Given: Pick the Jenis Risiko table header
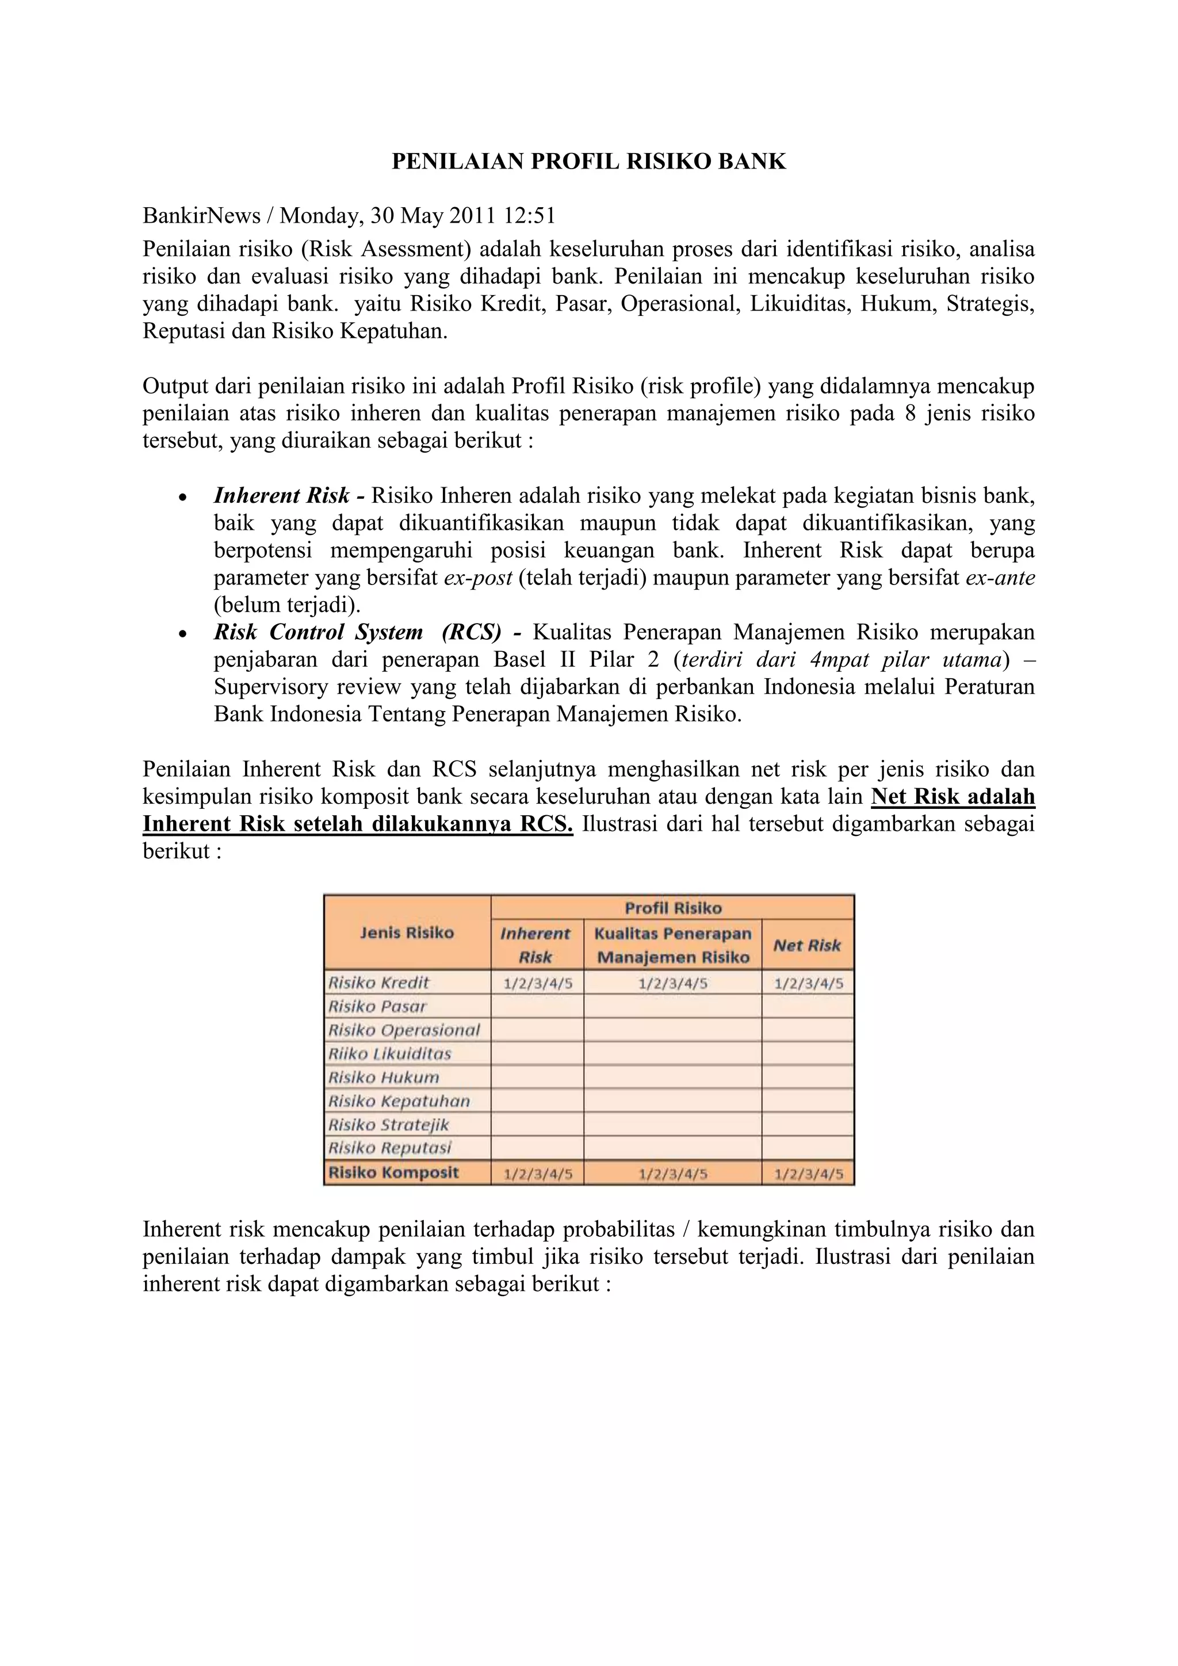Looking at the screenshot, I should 406,933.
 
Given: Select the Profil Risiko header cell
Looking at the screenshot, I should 672,908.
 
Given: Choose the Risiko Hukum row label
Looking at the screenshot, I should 384,1077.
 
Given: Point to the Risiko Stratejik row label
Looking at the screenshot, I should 389,1125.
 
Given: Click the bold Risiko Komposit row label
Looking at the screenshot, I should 393,1172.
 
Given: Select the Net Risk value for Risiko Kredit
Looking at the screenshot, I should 808,984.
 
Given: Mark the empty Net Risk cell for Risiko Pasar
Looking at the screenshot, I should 808,1006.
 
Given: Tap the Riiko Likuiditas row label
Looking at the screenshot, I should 389,1053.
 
